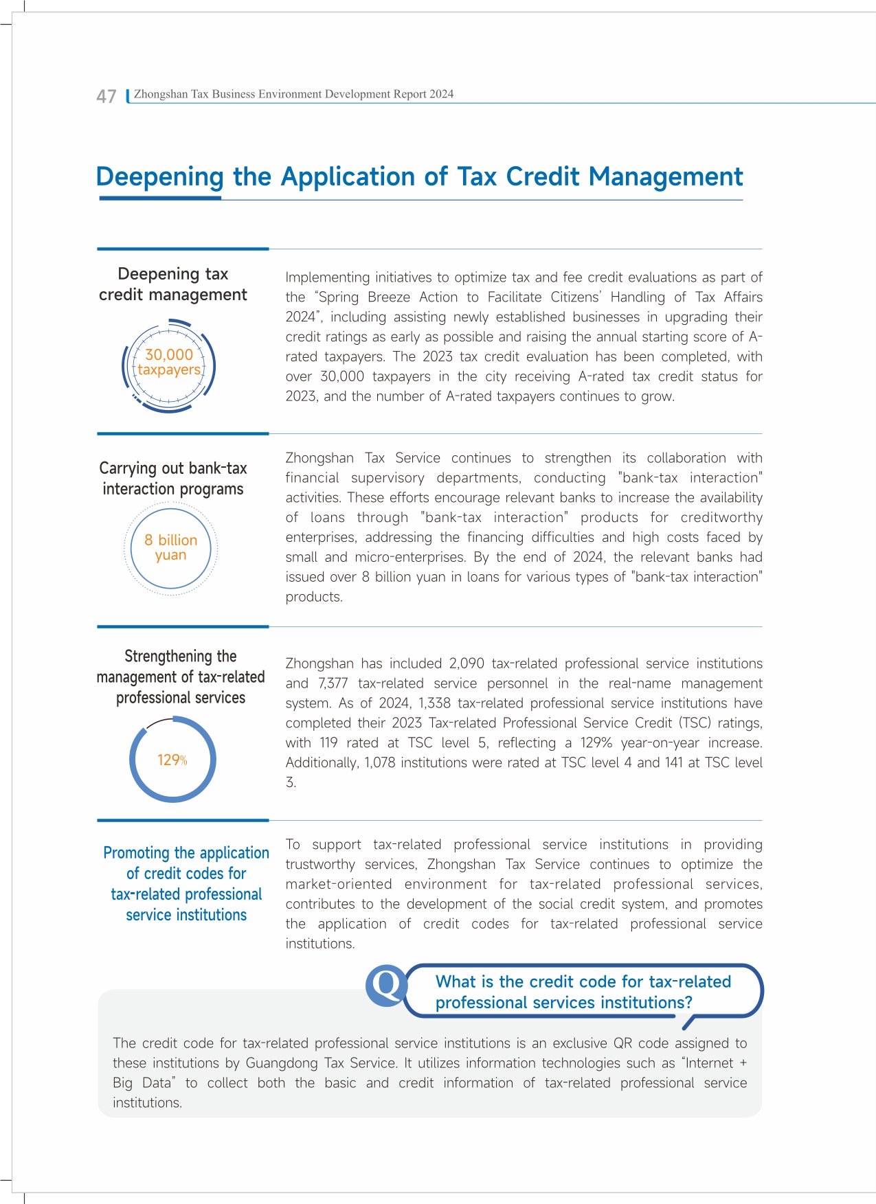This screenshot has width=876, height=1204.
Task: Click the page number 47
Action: pyautogui.click(x=106, y=96)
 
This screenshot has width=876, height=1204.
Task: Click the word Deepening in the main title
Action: pyautogui.click(x=159, y=177)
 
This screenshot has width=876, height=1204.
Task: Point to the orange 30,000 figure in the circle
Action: pyautogui.click(x=169, y=355)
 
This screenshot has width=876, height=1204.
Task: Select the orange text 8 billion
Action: pyautogui.click(x=170, y=541)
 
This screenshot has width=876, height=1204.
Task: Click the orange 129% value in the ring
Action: pyautogui.click(x=172, y=760)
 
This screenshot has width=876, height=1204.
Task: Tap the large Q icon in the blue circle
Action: pyautogui.click(x=385, y=986)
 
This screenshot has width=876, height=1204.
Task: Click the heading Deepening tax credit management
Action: pyautogui.click(x=173, y=284)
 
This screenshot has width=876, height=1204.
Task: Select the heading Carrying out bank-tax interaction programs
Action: pyautogui.click(x=173, y=479)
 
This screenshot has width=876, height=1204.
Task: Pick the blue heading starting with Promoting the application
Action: pyautogui.click(x=186, y=884)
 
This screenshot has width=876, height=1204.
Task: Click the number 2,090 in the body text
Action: pyautogui.click(x=467, y=663)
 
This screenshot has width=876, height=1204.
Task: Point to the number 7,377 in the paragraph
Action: pyautogui.click(x=333, y=683)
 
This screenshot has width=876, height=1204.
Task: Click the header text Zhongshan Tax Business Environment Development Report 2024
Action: pyautogui.click(x=293, y=94)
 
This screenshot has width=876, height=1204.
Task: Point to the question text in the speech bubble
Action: pyautogui.click(x=583, y=992)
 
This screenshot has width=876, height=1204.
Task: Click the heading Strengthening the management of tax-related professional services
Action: pyautogui.click(x=181, y=677)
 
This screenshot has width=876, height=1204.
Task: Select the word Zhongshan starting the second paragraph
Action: pyautogui.click(x=319, y=458)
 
